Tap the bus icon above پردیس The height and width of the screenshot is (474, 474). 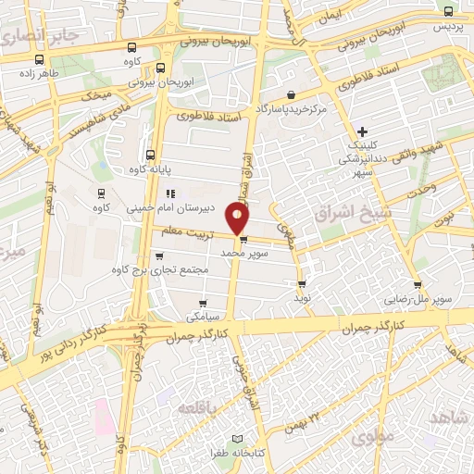click(448, 12)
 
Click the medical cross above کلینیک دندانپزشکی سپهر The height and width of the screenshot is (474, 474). click(362, 131)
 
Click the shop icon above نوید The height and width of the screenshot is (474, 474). click(302, 283)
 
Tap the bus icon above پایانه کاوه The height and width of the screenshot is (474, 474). click(150, 155)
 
